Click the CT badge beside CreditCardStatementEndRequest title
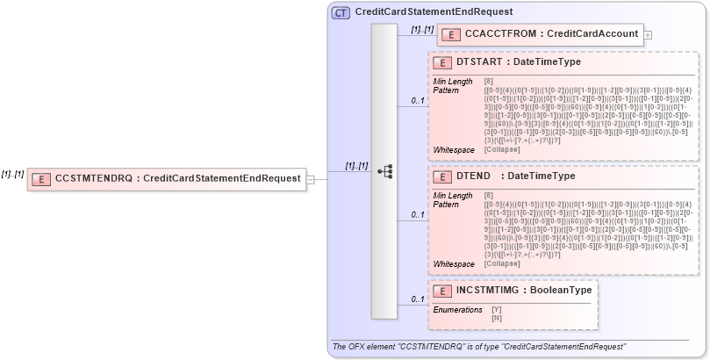click(x=341, y=12)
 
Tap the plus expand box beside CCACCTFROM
click(x=648, y=35)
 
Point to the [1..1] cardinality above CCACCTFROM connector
click(x=422, y=30)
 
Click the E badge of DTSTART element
click(x=443, y=63)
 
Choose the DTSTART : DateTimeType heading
click(x=519, y=63)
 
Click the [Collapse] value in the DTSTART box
click(x=501, y=150)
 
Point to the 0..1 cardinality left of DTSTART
click(x=419, y=101)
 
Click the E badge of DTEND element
click(x=443, y=177)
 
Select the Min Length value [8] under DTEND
click(x=488, y=195)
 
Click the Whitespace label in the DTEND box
click(x=455, y=263)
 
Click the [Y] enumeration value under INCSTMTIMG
click(x=497, y=309)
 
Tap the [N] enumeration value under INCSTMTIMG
click(x=497, y=317)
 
